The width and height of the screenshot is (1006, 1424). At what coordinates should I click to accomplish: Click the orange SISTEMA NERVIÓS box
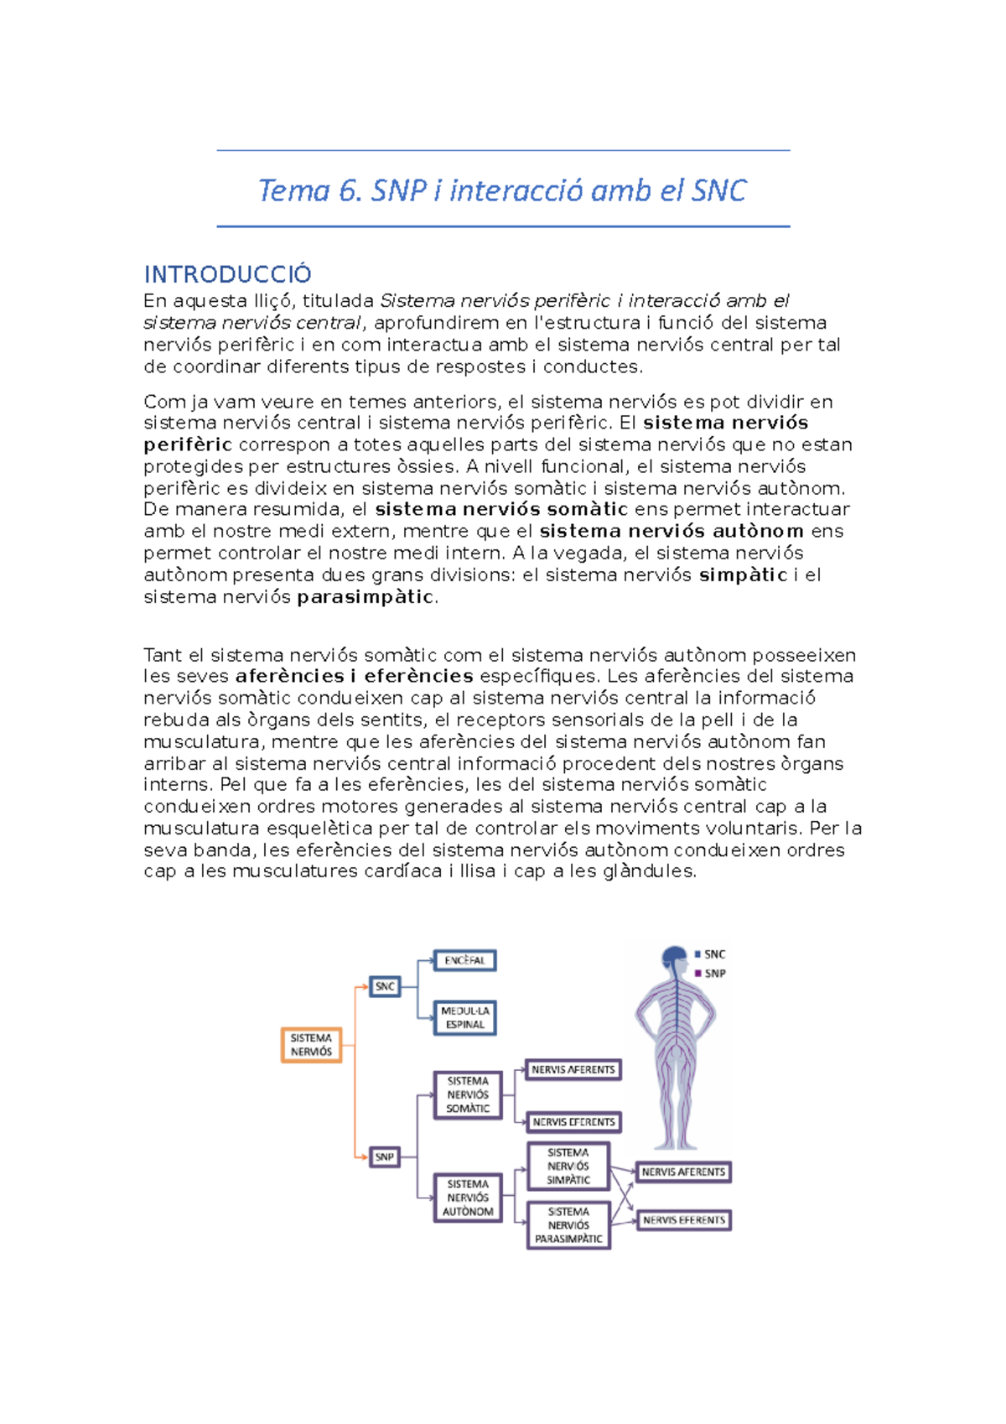point(311,1045)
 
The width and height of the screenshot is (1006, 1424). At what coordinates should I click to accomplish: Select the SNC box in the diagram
point(385,986)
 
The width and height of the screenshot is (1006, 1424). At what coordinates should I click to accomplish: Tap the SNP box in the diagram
point(384,1157)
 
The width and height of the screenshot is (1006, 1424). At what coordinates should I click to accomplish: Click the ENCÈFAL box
point(464,960)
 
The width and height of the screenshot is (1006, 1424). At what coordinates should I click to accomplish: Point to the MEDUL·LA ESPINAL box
point(465,1018)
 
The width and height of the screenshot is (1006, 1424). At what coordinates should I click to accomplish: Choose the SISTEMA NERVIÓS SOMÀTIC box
point(468,1094)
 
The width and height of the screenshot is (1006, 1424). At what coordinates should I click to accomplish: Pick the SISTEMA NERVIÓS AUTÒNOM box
point(468,1198)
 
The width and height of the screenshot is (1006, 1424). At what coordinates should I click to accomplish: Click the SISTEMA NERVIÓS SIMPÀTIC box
point(568,1167)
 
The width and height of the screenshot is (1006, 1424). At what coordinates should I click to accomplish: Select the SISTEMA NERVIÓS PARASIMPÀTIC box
point(568,1225)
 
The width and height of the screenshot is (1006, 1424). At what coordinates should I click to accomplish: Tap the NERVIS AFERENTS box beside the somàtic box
point(573,1069)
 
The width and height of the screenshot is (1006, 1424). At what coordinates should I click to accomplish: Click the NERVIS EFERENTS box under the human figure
point(684,1220)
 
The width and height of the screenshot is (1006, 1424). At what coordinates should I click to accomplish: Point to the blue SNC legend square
point(697,954)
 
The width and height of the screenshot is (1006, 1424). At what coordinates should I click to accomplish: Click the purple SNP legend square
point(697,974)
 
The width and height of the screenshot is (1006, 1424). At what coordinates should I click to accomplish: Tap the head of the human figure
point(674,958)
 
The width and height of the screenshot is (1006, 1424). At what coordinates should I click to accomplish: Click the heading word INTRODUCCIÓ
point(227,274)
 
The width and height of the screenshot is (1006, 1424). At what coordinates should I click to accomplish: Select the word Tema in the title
point(293,190)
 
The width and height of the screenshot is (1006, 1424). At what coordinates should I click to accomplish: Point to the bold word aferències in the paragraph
point(289,676)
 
